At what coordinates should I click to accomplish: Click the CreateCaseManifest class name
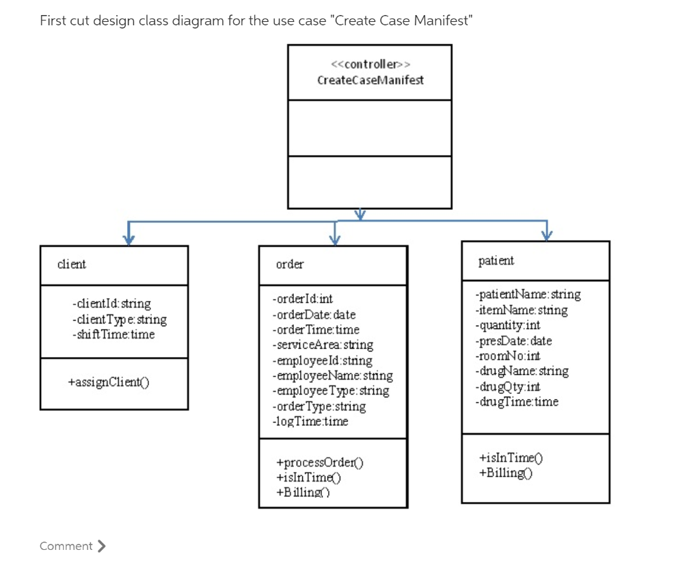[370, 80]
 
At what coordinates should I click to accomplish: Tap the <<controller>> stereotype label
[370, 64]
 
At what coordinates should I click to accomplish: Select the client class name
[72, 264]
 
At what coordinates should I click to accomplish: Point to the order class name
[290, 264]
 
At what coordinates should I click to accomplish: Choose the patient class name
[496, 261]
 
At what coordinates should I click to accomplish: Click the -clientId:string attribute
[111, 303]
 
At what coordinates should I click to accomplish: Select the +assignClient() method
[109, 382]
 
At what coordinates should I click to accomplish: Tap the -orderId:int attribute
[302, 299]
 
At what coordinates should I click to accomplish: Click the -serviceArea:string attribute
[323, 345]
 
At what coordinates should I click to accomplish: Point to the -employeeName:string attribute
[332, 375]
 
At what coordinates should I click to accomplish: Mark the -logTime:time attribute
[310, 421]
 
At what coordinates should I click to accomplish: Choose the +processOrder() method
[319, 462]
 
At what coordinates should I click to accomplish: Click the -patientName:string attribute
[528, 294]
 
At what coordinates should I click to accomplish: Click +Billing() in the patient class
[506, 473]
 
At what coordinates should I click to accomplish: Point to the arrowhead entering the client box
[128, 239]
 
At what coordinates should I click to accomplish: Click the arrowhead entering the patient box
[547, 235]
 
